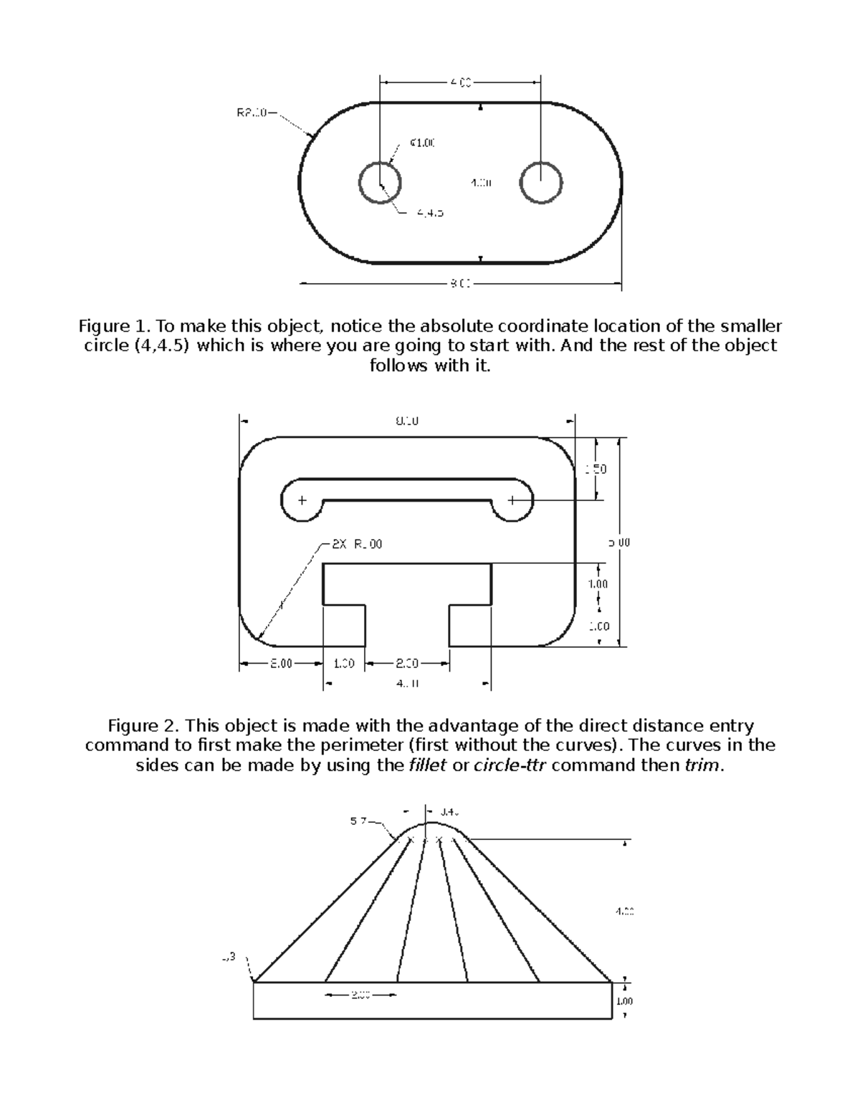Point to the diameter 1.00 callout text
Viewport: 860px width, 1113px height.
(x=422, y=143)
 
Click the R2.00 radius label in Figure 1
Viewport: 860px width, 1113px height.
(x=252, y=113)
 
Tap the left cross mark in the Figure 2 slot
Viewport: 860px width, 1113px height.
(x=302, y=500)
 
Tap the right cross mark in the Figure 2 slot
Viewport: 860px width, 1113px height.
(x=512, y=500)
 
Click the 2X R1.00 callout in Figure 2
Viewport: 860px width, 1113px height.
(x=356, y=544)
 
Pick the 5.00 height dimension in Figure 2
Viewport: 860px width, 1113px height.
(x=620, y=543)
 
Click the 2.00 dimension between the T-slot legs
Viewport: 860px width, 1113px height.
(x=407, y=664)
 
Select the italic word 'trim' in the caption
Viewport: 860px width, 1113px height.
(x=700, y=765)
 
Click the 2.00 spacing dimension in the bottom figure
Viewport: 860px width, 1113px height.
(x=360, y=995)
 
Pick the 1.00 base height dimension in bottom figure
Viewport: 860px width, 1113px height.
(x=624, y=1001)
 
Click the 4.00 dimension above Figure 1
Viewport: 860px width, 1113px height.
(x=460, y=83)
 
